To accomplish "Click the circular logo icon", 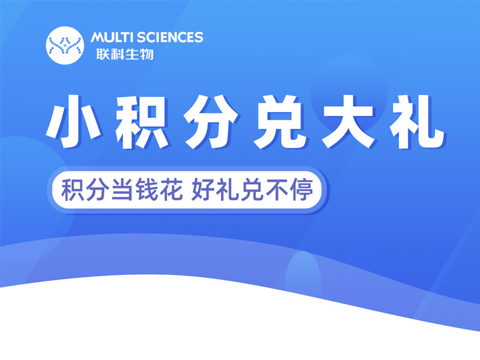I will pyautogui.click(x=65, y=44).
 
